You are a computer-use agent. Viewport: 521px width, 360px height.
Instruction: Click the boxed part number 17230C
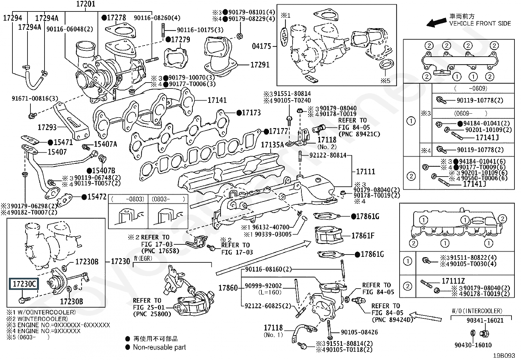[24, 284]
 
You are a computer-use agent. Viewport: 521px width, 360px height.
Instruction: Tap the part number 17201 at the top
[86, 4]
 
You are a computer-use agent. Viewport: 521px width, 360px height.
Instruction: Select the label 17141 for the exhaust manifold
[217, 100]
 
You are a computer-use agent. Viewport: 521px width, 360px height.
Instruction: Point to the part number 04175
[261, 47]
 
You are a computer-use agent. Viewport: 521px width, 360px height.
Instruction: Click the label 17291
[260, 65]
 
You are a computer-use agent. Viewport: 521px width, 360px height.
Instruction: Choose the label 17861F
[363, 236]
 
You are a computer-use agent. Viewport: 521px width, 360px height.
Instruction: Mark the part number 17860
[228, 288]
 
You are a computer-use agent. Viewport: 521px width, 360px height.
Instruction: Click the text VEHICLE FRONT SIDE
[480, 24]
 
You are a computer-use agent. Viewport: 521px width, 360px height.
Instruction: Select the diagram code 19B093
[506, 355]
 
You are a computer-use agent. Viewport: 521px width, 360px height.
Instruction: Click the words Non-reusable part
[159, 347]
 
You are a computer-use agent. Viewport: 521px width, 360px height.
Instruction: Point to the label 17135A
[272, 145]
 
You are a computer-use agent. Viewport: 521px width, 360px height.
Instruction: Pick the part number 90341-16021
[485, 320]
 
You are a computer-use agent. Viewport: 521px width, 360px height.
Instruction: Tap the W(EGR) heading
[143, 259]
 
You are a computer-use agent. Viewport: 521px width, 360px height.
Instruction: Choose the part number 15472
[97, 197]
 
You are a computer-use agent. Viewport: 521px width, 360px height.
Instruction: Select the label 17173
[251, 113]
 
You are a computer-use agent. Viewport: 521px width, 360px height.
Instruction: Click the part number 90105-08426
[359, 332]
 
